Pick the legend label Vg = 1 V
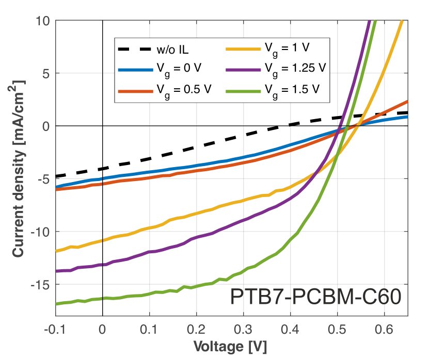click(x=287, y=48)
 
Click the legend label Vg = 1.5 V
click(x=291, y=88)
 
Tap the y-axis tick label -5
click(x=43, y=179)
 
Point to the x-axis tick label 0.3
click(x=244, y=329)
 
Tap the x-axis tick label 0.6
click(x=385, y=329)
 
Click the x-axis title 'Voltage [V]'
click(x=230, y=347)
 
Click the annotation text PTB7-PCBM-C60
click(x=315, y=298)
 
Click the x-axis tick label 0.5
click(x=338, y=329)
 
